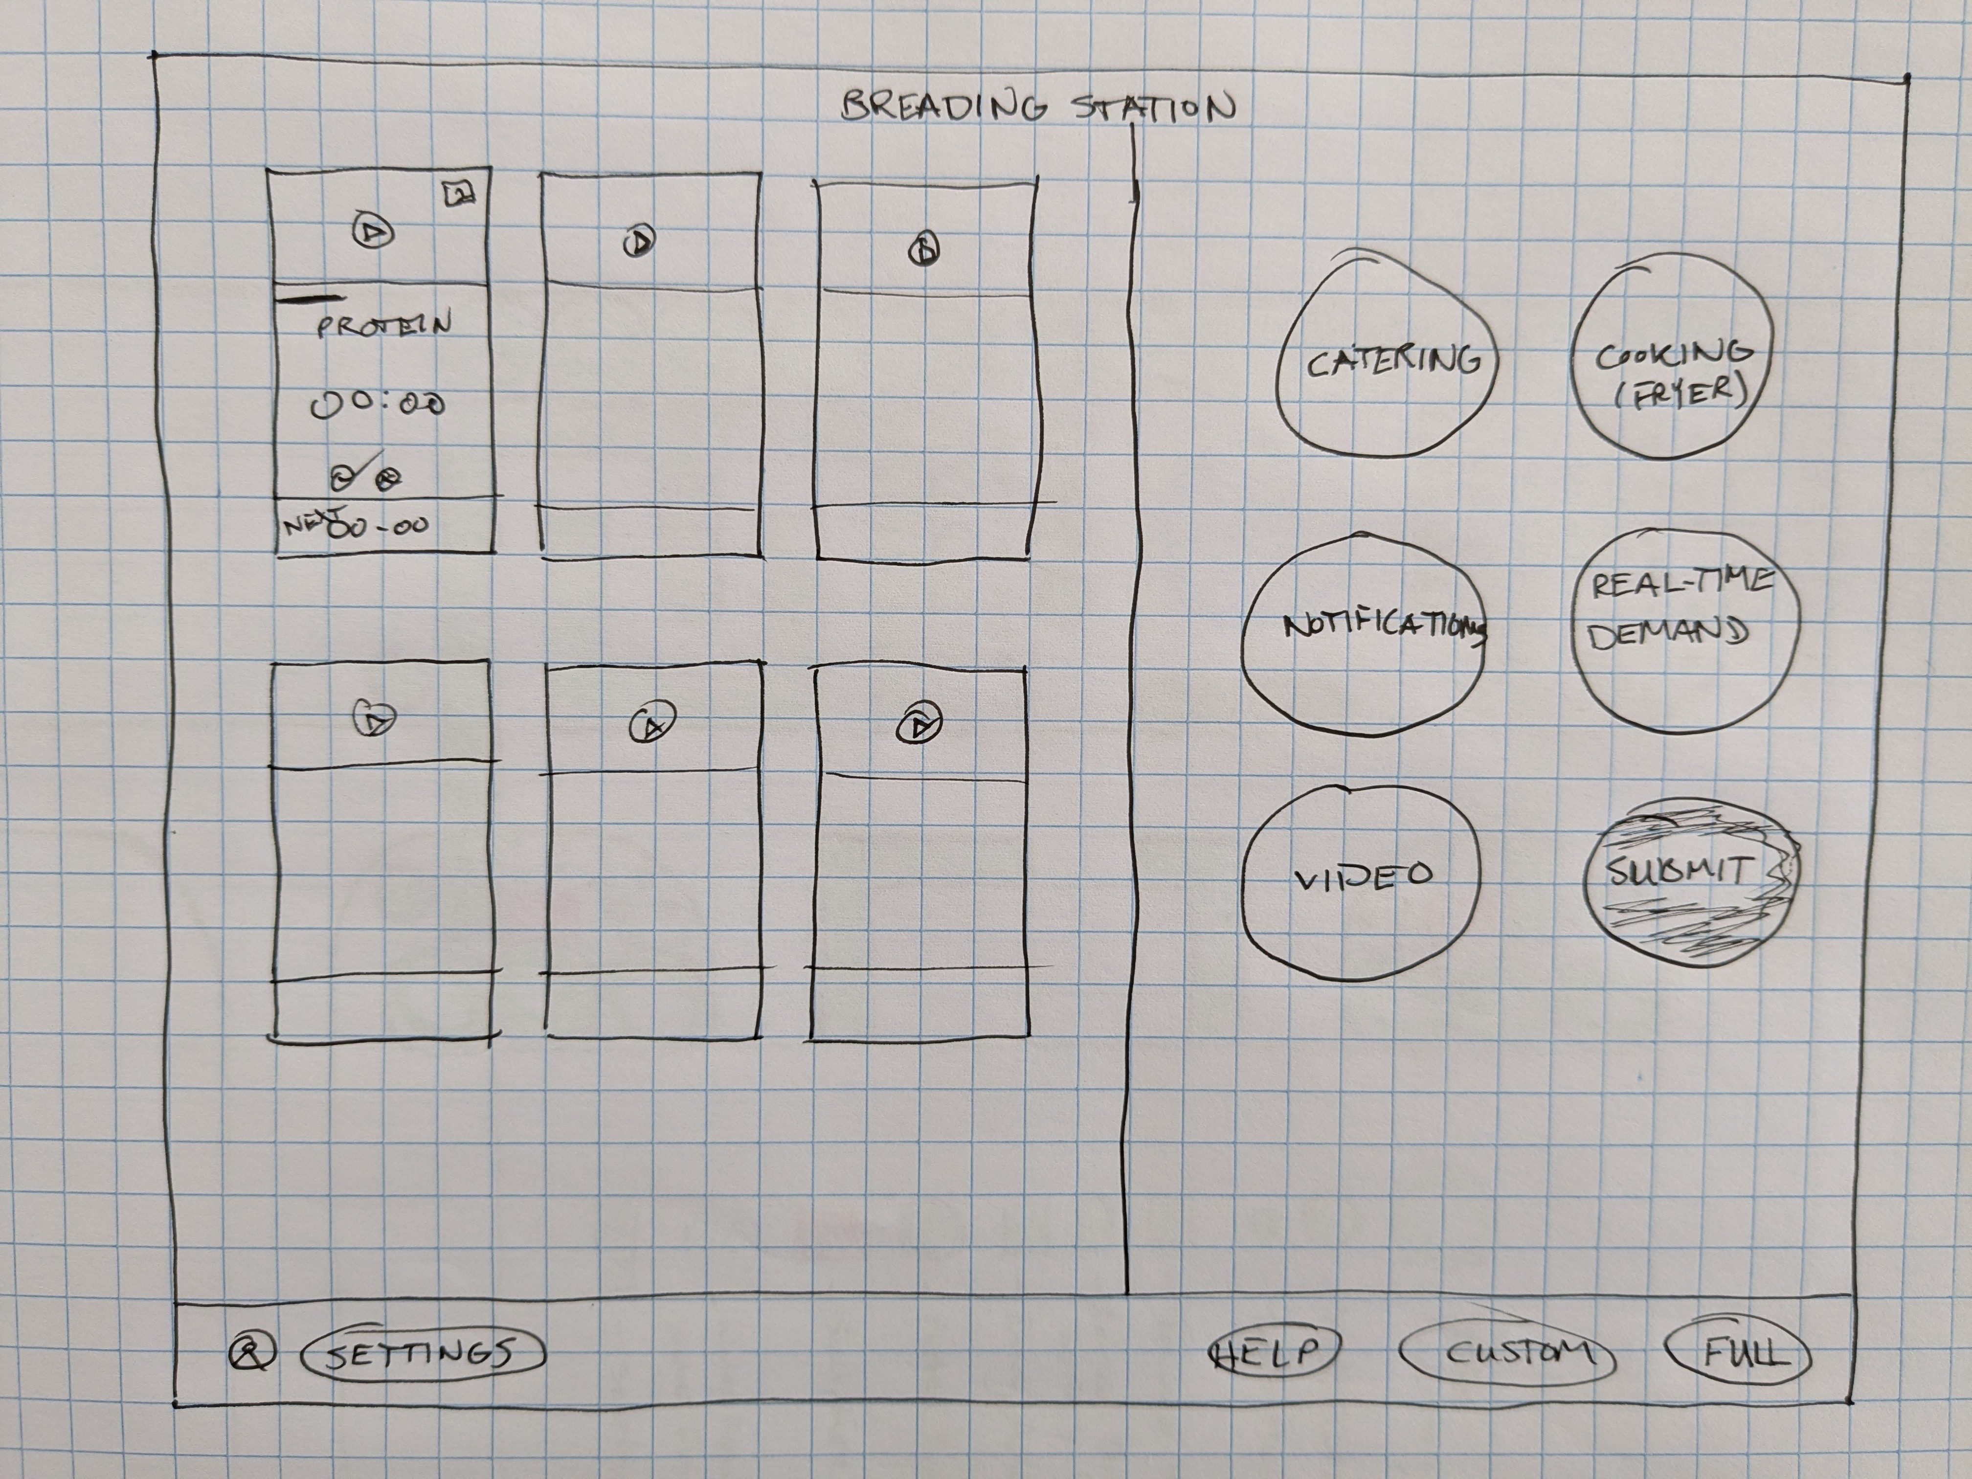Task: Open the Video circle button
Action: [1361, 877]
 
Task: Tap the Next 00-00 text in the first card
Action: [357, 524]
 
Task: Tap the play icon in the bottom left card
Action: [375, 718]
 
